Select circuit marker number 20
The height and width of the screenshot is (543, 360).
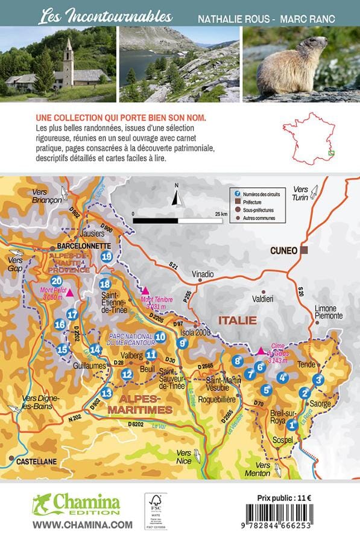pyautogui.click(x=57, y=281)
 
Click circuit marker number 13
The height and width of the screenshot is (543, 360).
pyautogui.click(x=106, y=393)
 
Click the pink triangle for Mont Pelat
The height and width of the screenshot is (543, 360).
pyautogui.click(x=70, y=293)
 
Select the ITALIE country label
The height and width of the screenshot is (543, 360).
pyautogui.click(x=238, y=320)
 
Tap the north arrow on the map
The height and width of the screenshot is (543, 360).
pyautogui.click(x=177, y=196)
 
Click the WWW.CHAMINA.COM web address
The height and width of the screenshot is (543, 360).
pyautogui.click(x=82, y=525)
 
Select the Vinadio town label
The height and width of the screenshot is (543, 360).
pyautogui.click(x=203, y=275)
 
